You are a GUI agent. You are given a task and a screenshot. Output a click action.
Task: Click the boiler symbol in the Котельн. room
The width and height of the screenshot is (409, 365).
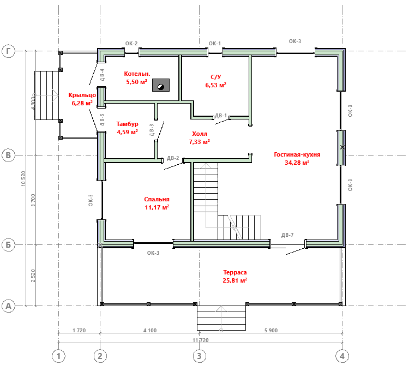(x=161, y=85)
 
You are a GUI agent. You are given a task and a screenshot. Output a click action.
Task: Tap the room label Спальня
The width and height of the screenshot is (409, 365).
(x=157, y=199)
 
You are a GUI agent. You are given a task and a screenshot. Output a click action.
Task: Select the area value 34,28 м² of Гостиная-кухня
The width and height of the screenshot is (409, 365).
(x=297, y=163)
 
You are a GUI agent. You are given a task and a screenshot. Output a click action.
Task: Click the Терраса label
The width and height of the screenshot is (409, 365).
(x=234, y=272)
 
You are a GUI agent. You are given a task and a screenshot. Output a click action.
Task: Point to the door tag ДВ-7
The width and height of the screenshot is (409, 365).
(x=287, y=235)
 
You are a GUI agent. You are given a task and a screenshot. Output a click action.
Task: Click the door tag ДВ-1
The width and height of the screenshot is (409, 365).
(x=221, y=116)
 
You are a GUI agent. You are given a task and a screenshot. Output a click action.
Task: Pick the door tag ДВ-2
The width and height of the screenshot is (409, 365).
(x=173, y=158)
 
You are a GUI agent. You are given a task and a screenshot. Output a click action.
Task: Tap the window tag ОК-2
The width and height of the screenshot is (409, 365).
(x=131, y=44)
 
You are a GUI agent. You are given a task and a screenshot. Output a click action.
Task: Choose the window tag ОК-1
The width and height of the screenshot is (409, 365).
(x=215, y=44)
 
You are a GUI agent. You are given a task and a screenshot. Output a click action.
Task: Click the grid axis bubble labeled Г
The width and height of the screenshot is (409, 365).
(x=9, y=51)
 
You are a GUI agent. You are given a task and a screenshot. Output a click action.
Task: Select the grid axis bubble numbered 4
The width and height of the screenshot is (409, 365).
(x=342, y=356)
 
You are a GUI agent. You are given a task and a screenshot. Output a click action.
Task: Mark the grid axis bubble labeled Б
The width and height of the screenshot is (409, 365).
(x=9, y=245)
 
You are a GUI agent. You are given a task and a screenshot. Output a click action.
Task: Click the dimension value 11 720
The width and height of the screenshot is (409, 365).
(x=201, y=340)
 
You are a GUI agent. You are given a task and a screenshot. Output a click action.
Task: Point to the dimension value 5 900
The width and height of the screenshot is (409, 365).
(x=271, y=330)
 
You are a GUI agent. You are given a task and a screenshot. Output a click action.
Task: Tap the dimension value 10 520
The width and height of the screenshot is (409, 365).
(x=23, y=178)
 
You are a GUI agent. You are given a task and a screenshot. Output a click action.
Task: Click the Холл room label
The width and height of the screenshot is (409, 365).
(x=200, y=134)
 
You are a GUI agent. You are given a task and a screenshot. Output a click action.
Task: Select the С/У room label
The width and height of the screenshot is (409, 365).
(x=216, y=77)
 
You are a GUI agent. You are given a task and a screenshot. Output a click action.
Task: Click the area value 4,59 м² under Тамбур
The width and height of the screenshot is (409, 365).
(x=127, y=132)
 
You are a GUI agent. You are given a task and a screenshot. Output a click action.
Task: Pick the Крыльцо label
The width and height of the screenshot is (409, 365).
(x=82, y=95)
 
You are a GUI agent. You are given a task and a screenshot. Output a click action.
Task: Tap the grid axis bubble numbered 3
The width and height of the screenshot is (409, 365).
(x=199, y=356)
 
